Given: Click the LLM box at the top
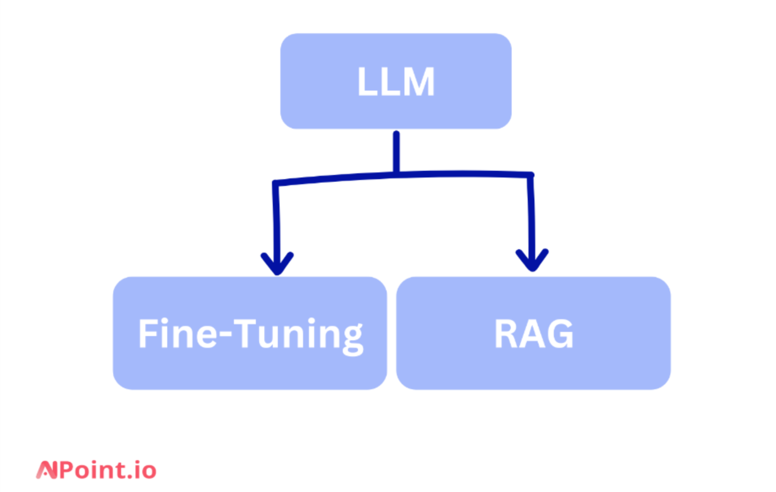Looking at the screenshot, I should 395,81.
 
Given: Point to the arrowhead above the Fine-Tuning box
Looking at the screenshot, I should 277,264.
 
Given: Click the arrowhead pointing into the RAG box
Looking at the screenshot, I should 532,261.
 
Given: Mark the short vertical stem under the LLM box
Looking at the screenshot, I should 396,151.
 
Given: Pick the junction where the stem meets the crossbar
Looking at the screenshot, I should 396,174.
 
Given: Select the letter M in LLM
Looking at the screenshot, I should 418,82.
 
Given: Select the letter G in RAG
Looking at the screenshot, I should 560,334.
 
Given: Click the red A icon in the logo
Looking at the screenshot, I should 46,470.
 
